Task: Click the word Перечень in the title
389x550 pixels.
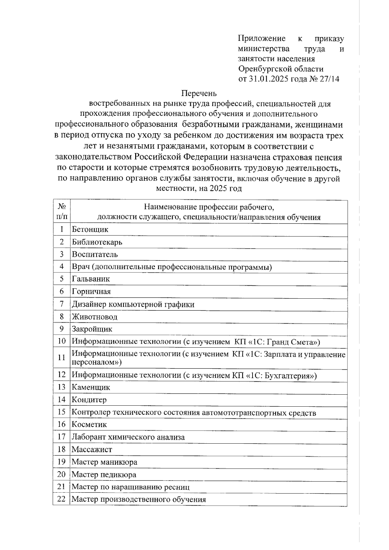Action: [x=199, y=93]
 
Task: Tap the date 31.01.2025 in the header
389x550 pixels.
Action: [x=268, y=79]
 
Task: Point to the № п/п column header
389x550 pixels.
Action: [x=62, y=211]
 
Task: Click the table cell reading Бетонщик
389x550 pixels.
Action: [x=90, y=230]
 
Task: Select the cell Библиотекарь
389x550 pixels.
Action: [x=97, y=242]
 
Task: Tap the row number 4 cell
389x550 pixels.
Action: [x=62, y=267]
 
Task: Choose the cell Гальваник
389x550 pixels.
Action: [x=91, y=279]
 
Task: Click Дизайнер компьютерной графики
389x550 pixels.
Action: [x=133, y=304]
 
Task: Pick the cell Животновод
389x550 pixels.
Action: [x=94, y=317]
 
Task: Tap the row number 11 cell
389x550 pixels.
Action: [x=62, y=357]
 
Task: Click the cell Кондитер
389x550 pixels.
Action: [x=89, y=400]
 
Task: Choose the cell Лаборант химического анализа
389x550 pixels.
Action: [x=128, y=437]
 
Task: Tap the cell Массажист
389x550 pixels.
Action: [x=92, y=449]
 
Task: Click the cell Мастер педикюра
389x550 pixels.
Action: [x=104, y=475]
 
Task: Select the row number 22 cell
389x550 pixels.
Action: [x=62, y=499]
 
